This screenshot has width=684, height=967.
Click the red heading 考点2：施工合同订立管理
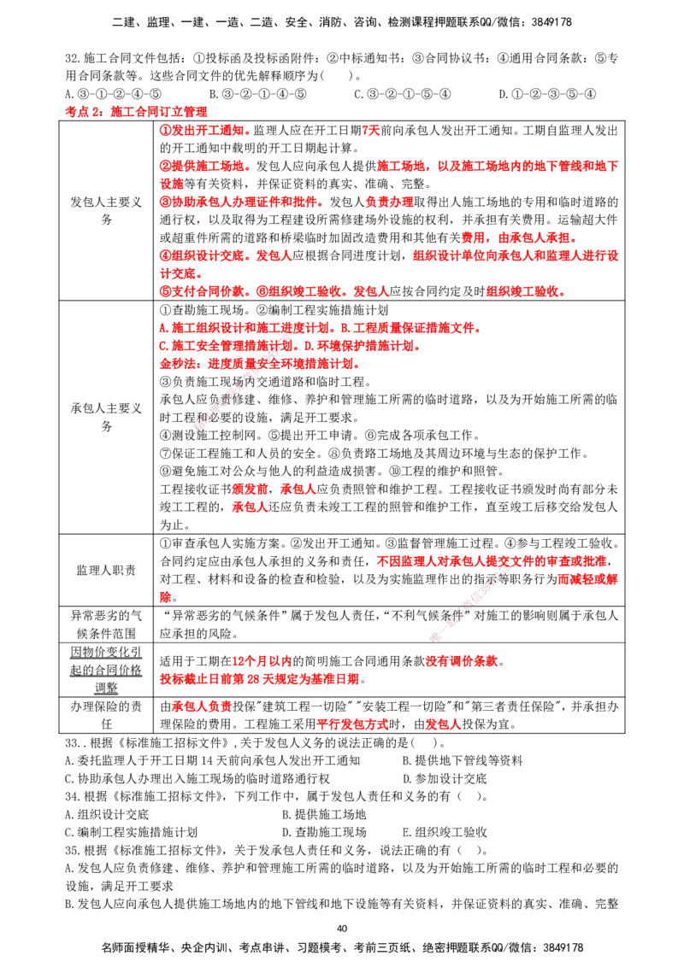136,112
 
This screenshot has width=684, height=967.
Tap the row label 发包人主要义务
106,211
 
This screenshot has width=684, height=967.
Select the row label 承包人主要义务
106,417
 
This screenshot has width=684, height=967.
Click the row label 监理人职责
106,570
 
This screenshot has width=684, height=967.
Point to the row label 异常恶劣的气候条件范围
106,624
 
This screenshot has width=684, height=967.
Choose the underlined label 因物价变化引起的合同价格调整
106,670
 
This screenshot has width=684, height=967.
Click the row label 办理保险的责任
106,715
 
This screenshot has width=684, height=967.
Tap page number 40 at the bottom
342,929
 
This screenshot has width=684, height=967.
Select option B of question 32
257,94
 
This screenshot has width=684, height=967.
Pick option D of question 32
547,94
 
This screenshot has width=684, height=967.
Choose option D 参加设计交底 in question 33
445,778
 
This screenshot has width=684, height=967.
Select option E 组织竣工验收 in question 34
445,832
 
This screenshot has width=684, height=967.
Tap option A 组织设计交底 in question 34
107,814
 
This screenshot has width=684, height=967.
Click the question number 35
73,850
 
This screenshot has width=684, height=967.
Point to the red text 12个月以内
262,661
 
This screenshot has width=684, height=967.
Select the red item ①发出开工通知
203,130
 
